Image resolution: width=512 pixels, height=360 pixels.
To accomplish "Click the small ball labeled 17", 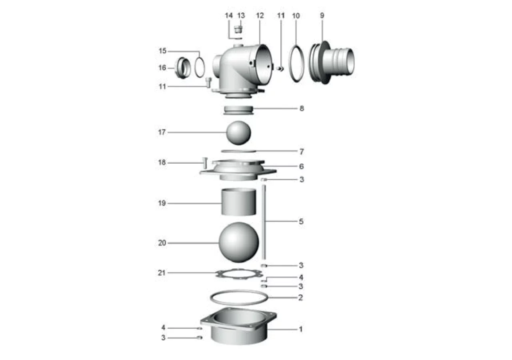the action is click(x=238, y=133).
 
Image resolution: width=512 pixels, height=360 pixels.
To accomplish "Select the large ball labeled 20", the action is click(x=239, y=242).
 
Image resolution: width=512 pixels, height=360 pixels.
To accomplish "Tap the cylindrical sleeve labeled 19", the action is click(x=239, y=202).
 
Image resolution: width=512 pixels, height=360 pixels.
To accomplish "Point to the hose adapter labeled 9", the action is click(x=332, y=62).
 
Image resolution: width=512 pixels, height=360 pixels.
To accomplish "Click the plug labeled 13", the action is click(x=238, y=30).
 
